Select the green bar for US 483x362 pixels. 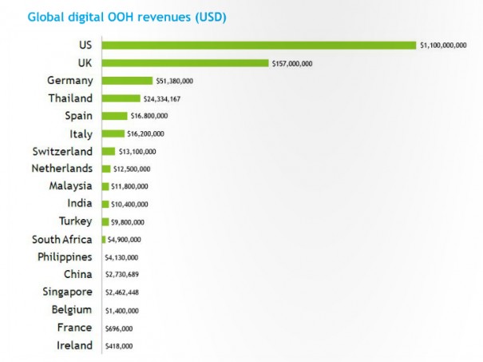click(259, 45)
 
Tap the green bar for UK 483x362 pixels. click(185, 63)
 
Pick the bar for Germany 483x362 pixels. click(127, 81)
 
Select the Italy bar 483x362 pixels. click(113, 133)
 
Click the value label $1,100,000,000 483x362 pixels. click(443, 46)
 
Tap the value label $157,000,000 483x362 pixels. click(291, 63)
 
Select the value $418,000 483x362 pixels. click(118, 345)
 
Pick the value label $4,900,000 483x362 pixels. click(125, 239)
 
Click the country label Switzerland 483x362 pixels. click(62, 151)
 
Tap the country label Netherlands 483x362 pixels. click(61, 169)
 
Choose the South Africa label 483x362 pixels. click(62, 239)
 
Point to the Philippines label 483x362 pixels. click(65, 257)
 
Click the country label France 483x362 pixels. click(74, 327)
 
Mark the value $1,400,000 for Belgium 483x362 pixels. click(121, 310)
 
